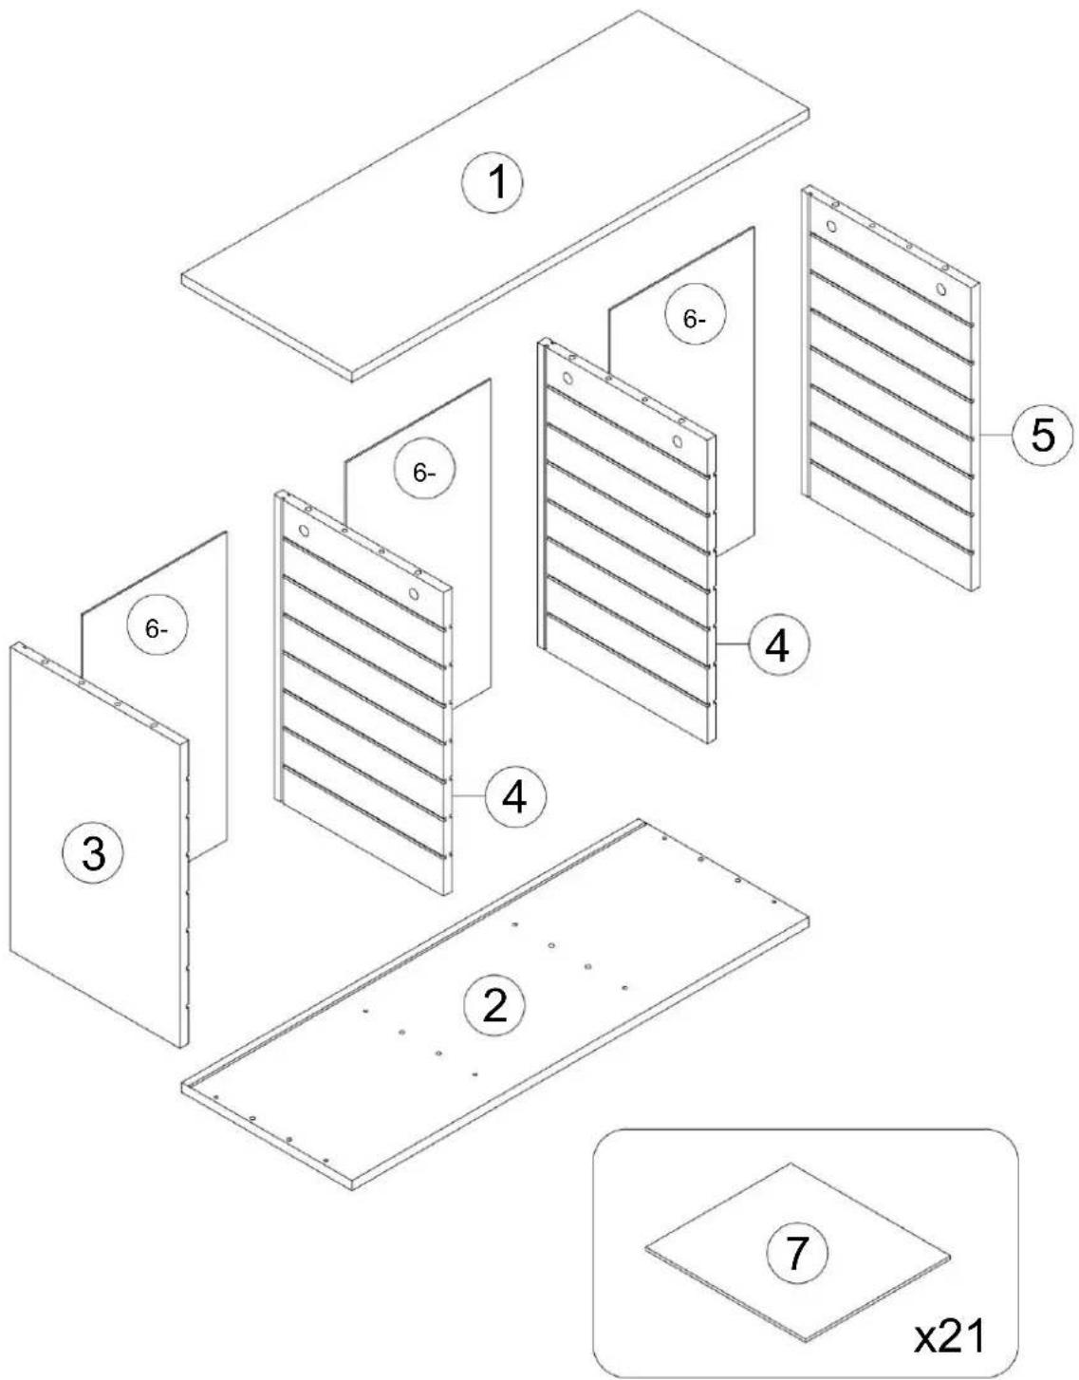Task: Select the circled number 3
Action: (x=93, y=855)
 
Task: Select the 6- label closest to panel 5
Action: (x=695, y=320)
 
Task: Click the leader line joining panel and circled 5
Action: (x=995, y=435)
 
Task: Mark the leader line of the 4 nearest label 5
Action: (x=732, y=643)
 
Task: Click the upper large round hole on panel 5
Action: (x=830, y=225)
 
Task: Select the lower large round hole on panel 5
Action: (x=940, y=289)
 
